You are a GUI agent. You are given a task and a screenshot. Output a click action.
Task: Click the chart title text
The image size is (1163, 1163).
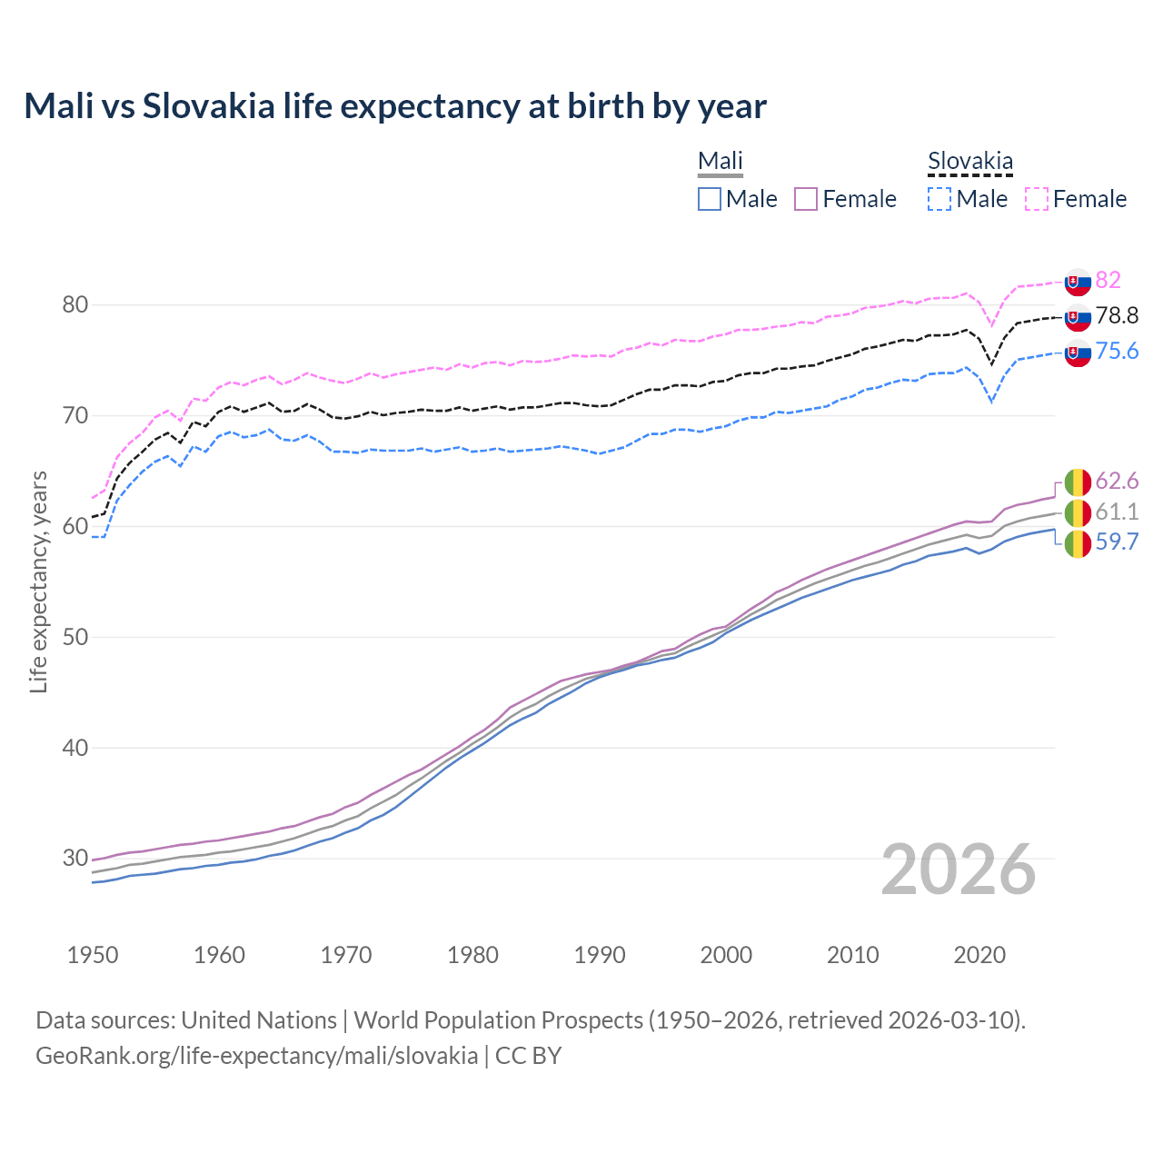pos(395,106)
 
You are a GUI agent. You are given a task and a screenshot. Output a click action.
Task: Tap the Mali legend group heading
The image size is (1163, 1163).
pos(720,162)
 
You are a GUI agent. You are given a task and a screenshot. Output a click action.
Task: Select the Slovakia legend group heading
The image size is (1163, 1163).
pos(969,162)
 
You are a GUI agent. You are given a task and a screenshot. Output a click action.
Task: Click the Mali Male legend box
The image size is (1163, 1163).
pos(710,199)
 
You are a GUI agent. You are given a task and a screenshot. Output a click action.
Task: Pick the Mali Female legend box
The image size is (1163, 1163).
pos(806,199)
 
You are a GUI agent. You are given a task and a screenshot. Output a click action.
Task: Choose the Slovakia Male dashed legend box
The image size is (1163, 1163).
pos(940,199)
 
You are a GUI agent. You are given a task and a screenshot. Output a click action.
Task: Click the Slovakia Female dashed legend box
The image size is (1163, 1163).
pos(1037,199)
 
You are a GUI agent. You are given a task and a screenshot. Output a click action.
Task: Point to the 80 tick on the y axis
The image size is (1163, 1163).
pos(75,304)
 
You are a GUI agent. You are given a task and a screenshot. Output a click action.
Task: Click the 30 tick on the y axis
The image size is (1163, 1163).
pos(75,858)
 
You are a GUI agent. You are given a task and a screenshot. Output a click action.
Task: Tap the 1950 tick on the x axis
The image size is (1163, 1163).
pos(93,955)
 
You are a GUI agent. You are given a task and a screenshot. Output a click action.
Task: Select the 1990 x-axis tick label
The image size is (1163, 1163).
pos(600,955)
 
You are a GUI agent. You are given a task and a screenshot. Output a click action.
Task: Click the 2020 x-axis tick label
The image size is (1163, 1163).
pos(979,955)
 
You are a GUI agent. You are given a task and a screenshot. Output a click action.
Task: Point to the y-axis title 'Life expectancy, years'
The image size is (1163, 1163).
pos(38,581)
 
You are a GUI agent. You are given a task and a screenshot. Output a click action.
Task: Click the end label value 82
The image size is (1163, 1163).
pos(1108,280)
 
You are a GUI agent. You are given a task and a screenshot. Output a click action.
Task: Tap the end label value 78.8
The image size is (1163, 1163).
pos(1117,315)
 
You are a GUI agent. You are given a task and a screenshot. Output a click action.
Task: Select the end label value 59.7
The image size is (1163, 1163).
pos(1117,542)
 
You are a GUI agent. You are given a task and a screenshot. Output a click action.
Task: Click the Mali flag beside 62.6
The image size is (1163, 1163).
pos(1078,482)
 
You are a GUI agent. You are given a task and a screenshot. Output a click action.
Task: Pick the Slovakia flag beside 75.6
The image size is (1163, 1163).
pos(1078,353)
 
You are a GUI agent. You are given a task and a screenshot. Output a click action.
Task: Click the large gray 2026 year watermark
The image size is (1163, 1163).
pos(959,870)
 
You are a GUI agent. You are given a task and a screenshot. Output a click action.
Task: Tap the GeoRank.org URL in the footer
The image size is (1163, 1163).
pos(256,1056)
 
